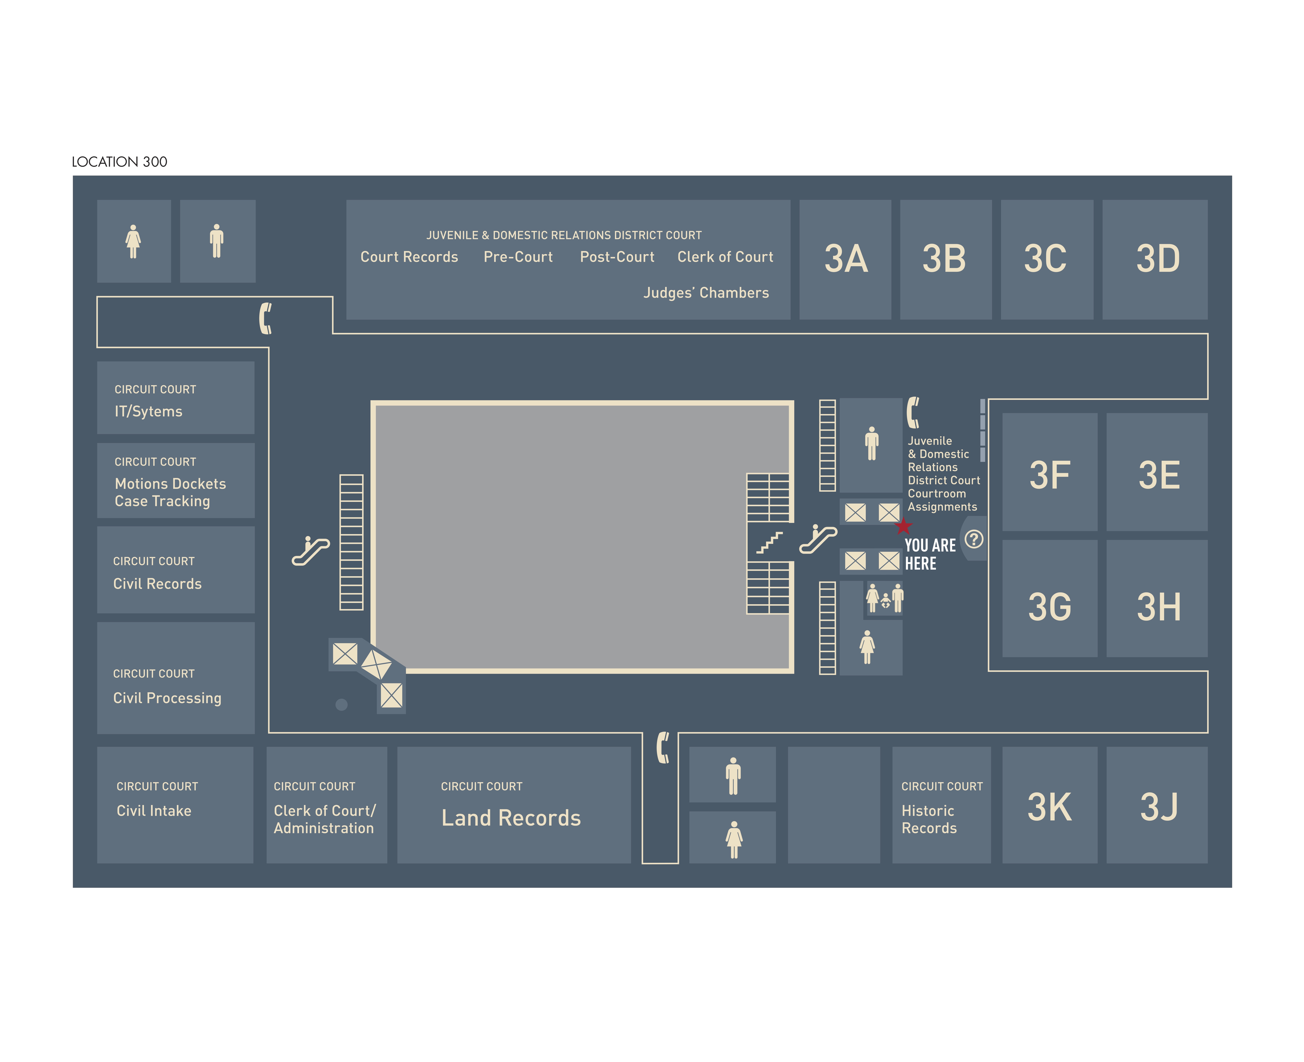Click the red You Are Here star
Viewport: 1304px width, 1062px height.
[x=903, y=526]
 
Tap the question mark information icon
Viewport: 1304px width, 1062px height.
[x=973, y=539]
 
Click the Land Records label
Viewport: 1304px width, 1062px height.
[x=511, y=818]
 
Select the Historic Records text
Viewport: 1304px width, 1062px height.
[x=929, y=819]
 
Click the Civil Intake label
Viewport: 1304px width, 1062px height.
[x=154, y=810]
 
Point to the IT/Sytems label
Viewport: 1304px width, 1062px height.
[x=149, y=411]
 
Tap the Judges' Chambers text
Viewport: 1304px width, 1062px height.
[x=706, y=293]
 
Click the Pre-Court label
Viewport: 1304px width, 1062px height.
[x=518, y=257]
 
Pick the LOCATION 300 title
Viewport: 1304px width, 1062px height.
[x=119, y=162]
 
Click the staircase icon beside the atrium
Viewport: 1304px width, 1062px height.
[x=769, y=542]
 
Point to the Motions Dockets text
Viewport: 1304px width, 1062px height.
[x=170, y=484]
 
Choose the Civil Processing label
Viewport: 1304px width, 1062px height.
[x=167, y=698]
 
